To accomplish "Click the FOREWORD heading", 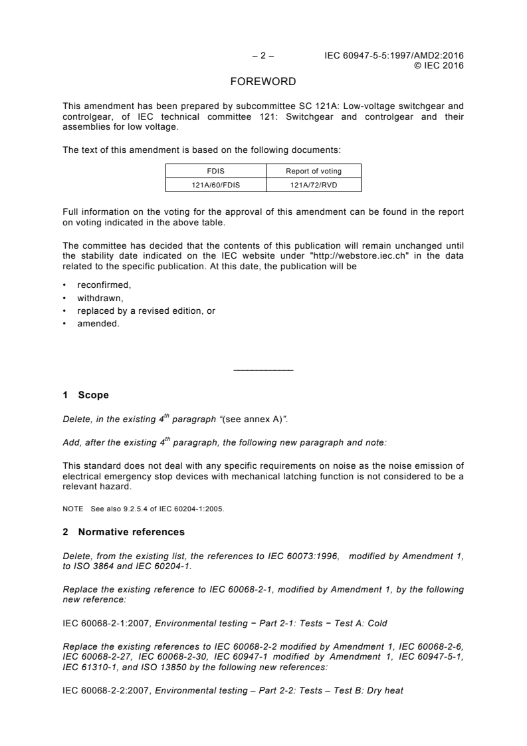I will tap(263, 82).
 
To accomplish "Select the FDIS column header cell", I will tap(216, 171).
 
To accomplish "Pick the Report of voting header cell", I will tap(314, 171).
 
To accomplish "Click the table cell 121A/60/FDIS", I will tap(216, 185).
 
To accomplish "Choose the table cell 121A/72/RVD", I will tap(314, 185).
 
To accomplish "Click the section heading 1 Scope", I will tap(86, 395).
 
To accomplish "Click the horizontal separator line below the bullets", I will tap(264, 370).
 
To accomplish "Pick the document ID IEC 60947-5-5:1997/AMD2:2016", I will tap(394, 56).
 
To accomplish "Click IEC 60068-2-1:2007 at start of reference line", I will tap(106, 623).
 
